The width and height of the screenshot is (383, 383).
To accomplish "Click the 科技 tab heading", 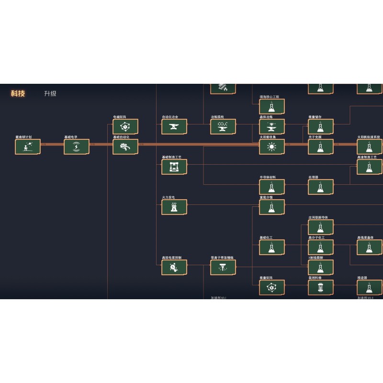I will pyautogui.click(x=18, y=93).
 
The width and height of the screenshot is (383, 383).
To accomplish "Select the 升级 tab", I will pyautogui.click(x=50, y=93).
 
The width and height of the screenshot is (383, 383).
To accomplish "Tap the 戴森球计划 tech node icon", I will pyautogui.click(x=28, y=147).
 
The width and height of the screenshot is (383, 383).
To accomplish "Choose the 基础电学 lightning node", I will pyautogui.click(x=77, y=147).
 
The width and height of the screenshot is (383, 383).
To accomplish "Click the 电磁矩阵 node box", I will pyautogui.click(x=125, y=127).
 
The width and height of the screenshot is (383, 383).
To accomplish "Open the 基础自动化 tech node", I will pyautogui.click(x=125, y=147).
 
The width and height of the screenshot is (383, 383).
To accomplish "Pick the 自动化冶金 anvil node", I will pyautogui.click(x=174, y=127).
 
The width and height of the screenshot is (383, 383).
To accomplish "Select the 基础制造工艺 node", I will pyautogui.click(x=174, y=167).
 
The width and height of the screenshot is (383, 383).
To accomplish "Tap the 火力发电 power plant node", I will pyautogui.click(x=174, y=207).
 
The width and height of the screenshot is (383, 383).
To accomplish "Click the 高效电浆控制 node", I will pyautogui.click(x=174, y=268).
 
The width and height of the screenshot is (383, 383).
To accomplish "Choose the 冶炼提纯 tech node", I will pyautogui.click(x=223, y=127).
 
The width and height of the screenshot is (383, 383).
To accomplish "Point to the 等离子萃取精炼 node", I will pyautogui.click(x=223, y=268).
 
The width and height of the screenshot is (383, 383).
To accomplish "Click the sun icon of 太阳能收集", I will pyautogui.click(x=272, y=147).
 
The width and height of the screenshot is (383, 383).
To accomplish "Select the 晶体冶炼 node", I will pyautogui.click(x=272, y=127).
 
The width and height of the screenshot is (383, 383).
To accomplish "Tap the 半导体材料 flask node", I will pyautogui.click(x=272, y=187).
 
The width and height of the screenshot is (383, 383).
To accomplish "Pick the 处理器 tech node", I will pyautogui.click(x=321, y=187).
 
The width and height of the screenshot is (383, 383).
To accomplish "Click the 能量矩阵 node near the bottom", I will pyautogui.click(x=272, y=288).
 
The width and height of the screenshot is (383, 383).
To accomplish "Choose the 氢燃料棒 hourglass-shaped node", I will pyautogui.click(x=321, y=288).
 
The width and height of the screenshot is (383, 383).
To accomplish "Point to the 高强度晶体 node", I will pyautogui.click(x=370, y=248).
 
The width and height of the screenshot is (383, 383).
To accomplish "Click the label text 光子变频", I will pyautogui.click(x=315, y=137).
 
